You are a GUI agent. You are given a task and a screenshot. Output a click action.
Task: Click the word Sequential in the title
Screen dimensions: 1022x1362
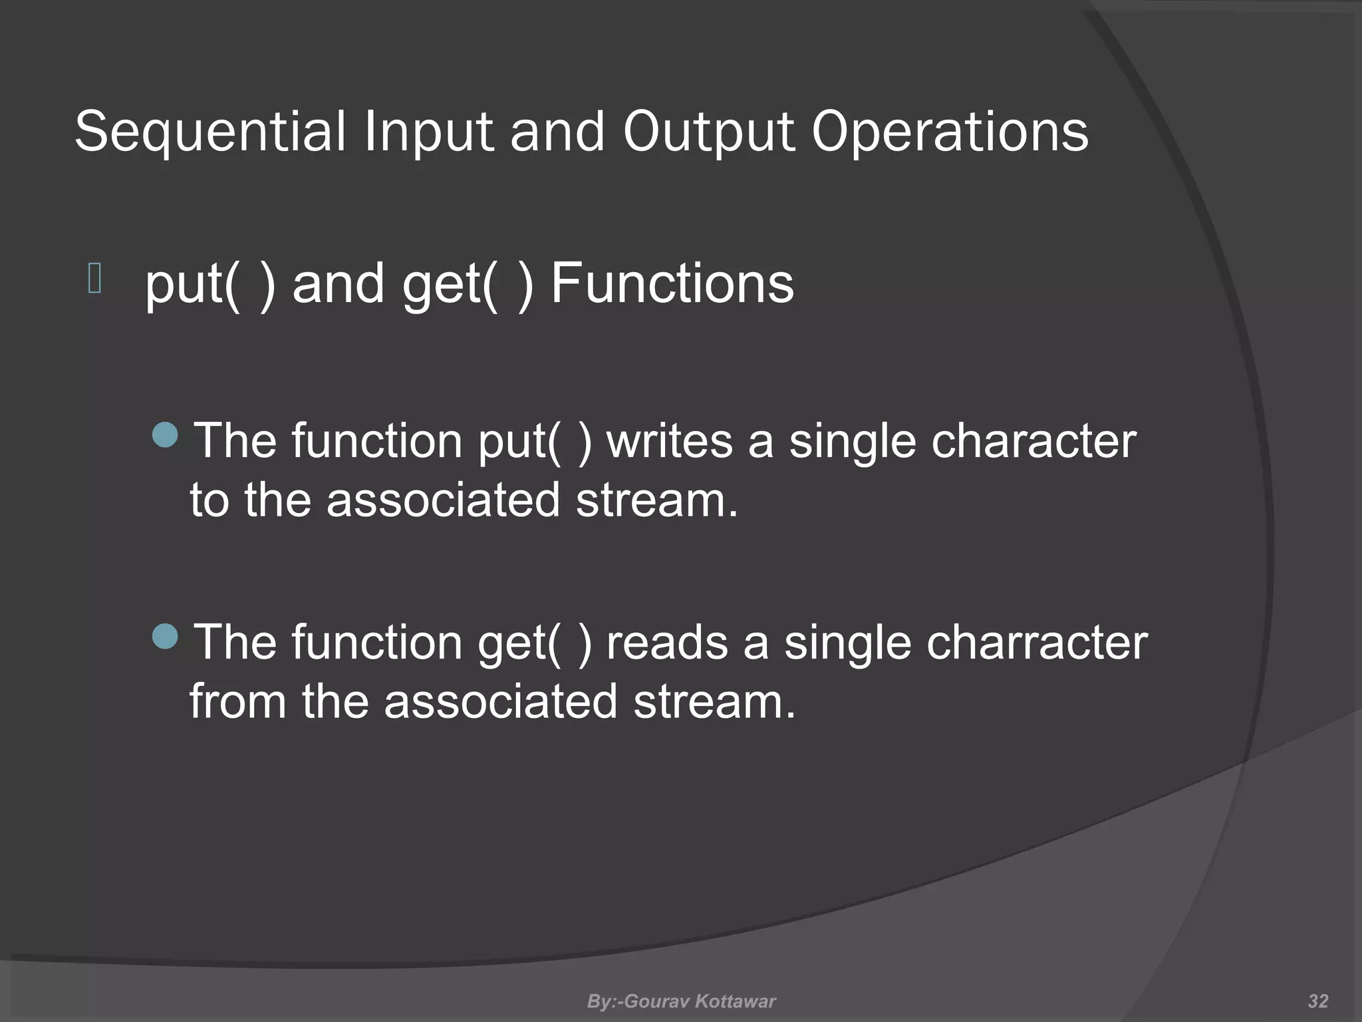click(x=210, y=132)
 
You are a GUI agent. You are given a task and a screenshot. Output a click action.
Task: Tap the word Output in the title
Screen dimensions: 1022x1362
click(x=708, y=132)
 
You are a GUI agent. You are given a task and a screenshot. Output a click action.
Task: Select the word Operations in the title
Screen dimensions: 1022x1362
click(x=950, y=132)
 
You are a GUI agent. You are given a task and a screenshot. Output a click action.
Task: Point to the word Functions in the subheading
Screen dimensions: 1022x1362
click(x=672, y=284)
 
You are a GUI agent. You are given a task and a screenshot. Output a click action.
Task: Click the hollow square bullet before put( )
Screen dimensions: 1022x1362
click(x=94, y=279)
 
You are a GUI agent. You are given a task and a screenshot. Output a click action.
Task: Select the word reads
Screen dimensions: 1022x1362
click(x=667, y=643)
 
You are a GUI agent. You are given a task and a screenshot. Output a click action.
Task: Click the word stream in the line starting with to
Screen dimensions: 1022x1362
click(x=656, y=500)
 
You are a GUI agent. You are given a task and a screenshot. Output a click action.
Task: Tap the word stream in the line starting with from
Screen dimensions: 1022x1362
click(x=714, y=701)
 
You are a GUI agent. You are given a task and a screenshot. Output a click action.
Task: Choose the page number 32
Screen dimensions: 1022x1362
click(x=1317, y=1001)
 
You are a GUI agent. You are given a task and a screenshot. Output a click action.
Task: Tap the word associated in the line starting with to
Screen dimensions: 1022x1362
click(x=443, y=500)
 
